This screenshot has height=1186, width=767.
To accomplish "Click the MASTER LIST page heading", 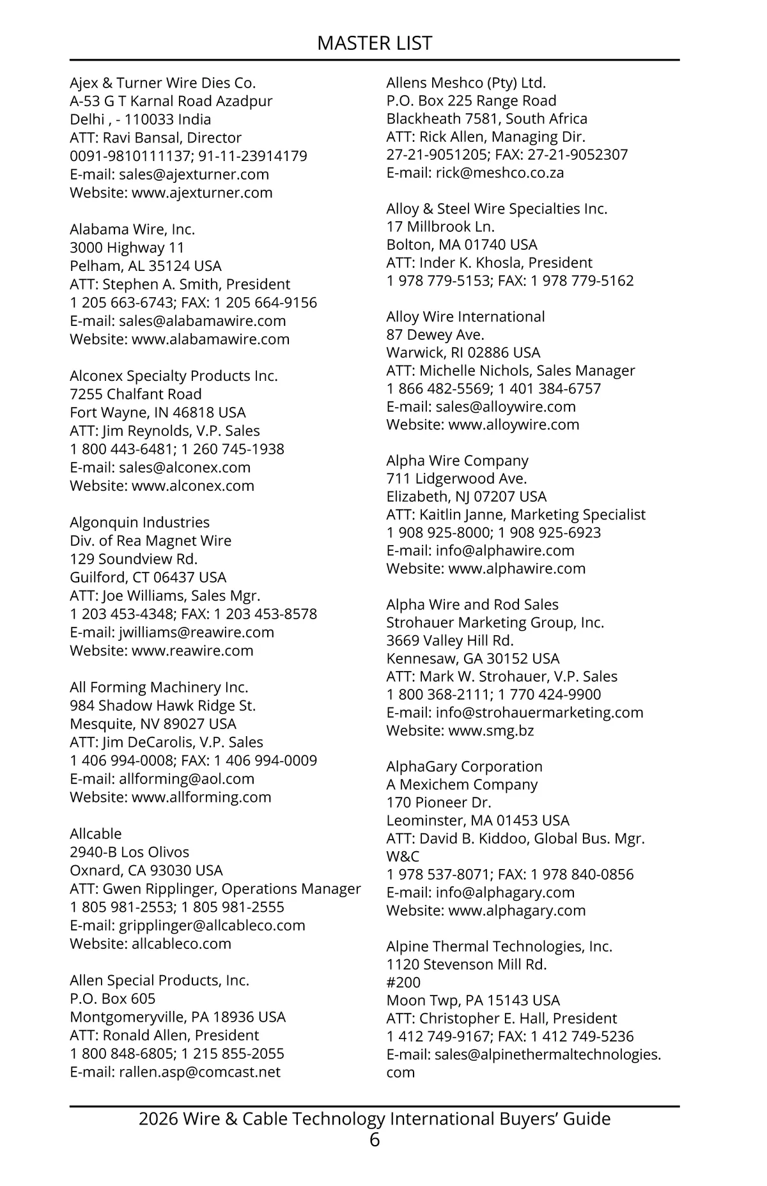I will [375, 43].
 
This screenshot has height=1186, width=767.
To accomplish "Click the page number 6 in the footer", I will [375, 1139].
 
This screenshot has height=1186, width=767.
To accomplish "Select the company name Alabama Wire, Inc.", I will [132, 229].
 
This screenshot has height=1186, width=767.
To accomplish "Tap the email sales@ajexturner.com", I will [194, 174].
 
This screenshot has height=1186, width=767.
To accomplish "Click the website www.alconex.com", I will [192, 486].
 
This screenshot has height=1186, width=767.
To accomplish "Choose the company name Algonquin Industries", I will [139, 523].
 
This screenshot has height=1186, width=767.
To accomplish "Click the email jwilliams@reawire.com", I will [196, 633].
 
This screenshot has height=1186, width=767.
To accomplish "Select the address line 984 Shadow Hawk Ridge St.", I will [162, 705].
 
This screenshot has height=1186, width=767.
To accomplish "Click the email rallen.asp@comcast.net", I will [199, 1072].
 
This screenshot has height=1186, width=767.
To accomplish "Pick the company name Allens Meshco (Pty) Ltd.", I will [466, 83].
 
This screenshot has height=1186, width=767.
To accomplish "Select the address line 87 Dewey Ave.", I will [435, 335].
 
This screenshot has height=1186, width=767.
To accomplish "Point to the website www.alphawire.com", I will [516, 569].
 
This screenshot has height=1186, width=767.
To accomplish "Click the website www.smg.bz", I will [491, 730].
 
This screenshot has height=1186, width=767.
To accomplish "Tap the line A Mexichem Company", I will [461, 785].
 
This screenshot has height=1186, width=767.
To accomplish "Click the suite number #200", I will [403, 982].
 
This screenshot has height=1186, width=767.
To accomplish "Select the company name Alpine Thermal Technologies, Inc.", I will [499, 946].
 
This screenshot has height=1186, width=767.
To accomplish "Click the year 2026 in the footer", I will [158, 1119].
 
